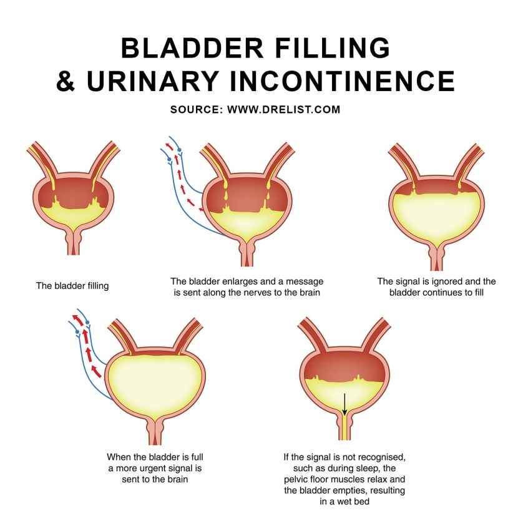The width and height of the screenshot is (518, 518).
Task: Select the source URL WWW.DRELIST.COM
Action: (284, 109)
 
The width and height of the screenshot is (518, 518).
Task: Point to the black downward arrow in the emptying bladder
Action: (344, 404)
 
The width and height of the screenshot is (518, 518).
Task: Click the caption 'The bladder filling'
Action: (72, 286)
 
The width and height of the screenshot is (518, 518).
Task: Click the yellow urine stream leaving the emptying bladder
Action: (344, 431)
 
